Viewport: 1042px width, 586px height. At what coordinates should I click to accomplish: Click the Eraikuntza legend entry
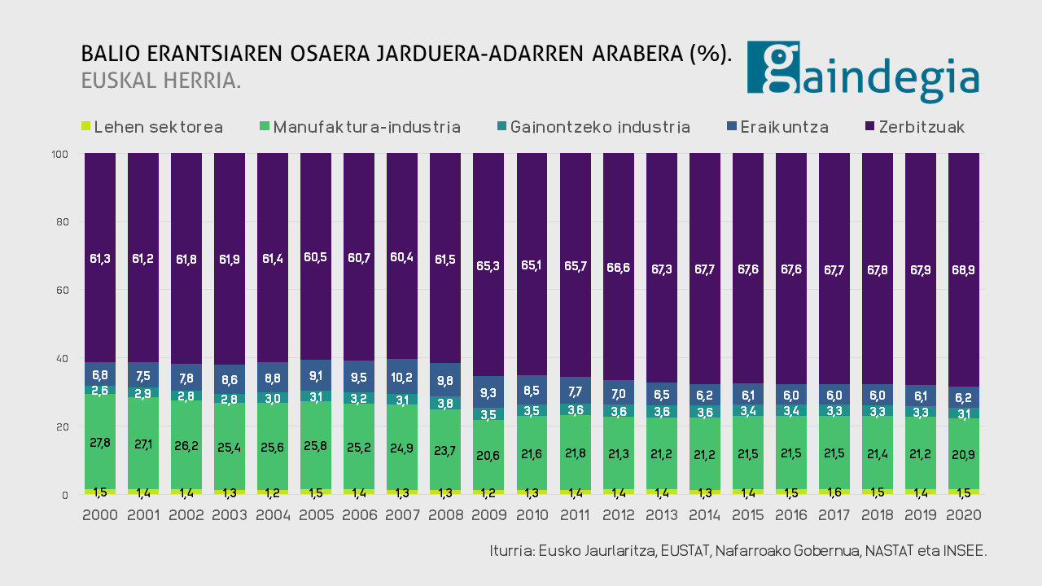(777, 127)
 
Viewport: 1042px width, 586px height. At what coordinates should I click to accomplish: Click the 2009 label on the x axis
(489, 515)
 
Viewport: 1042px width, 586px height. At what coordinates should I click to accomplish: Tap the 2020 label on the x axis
(964, 515)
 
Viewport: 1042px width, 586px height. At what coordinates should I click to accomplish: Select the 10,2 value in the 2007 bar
(402, 377)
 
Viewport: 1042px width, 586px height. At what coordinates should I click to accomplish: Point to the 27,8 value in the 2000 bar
(100, 443)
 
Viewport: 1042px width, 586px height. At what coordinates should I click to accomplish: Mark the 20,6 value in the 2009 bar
(489, 455)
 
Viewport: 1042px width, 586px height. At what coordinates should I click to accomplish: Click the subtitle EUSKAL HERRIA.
(160, 81)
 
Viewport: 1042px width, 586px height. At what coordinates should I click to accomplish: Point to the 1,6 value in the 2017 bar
(834, 492)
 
